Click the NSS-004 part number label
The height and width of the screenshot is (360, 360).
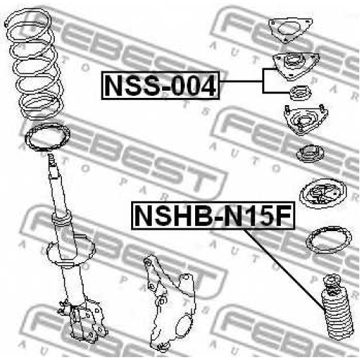click(161, 86)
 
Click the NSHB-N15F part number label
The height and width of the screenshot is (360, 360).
click(213, 215)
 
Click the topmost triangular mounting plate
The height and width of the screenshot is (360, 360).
click(290, 30)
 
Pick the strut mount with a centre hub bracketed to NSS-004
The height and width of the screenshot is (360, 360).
click(296, 66)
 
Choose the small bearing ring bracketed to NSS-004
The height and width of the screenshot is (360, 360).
click(301, 93)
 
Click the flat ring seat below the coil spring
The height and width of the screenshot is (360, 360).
click(48, 138)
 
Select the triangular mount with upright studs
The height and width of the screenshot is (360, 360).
click(305, 120)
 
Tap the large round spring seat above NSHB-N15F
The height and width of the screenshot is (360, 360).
click(323, 194)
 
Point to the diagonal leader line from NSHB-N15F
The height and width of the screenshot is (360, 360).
click(285, 271)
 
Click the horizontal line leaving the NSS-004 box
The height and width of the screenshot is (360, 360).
click(241, 82)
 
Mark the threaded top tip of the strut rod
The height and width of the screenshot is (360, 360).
click(50, 156)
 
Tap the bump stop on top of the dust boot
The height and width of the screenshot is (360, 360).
click(332, 284)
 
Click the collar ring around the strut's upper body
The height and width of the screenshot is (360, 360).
click(61, 217)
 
